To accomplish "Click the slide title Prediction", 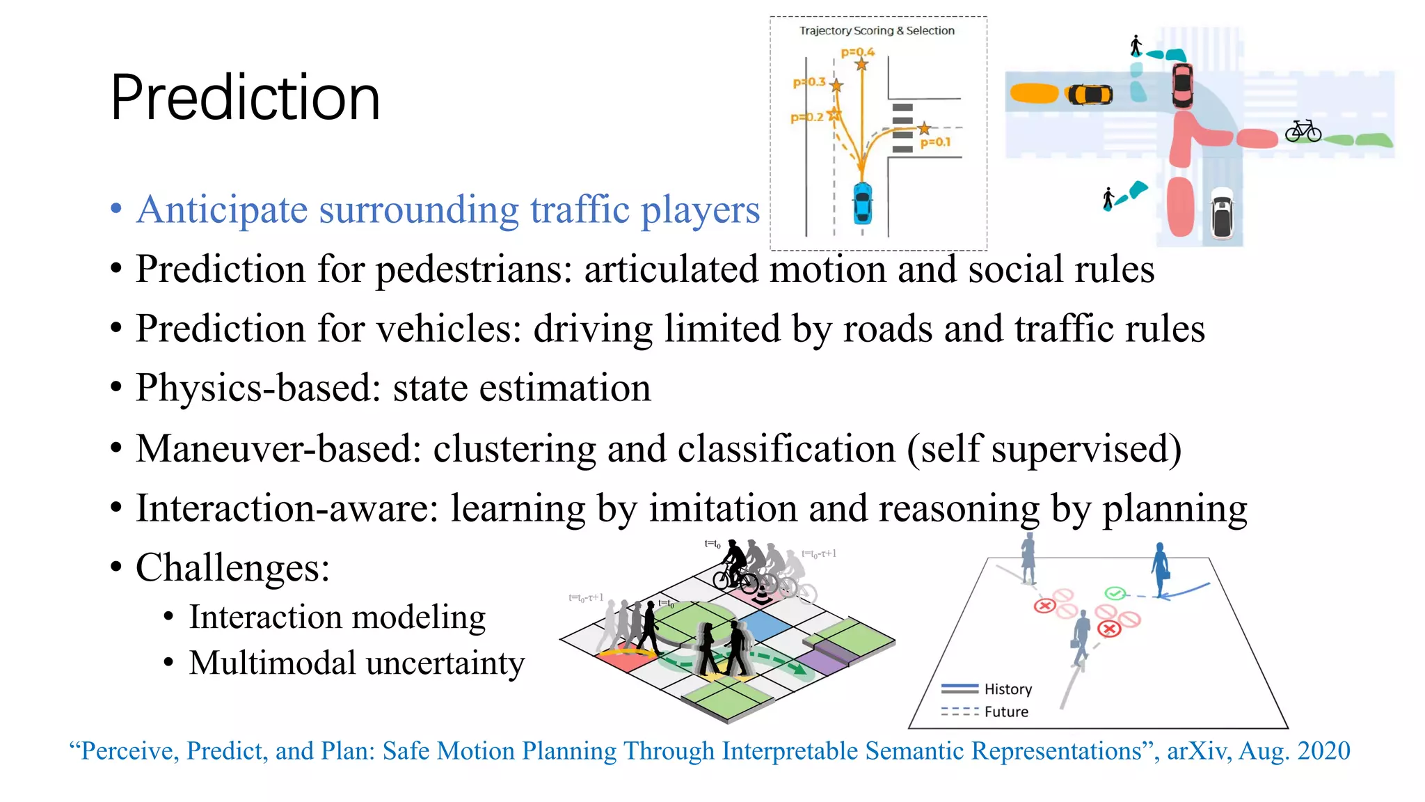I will point(245,97).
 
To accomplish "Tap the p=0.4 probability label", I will point(857,52).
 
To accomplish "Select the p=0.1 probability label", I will point(935,142).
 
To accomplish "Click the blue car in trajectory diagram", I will point(862,203).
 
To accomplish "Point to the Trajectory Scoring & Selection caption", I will point(877,31).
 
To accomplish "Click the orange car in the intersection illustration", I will point(1090,94).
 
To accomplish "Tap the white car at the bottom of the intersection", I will point(1222,214).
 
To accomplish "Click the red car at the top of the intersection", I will point(1182,85).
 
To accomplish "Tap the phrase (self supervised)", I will point(1044,448).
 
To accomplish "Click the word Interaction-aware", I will point(287,508).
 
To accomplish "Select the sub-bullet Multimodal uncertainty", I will point(356,663).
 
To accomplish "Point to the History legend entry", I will point(1008,689).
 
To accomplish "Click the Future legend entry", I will point(1006,711).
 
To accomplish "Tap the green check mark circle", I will point(1115,594).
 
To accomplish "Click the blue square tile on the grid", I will point(764,625).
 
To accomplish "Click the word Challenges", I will point(232,568).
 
